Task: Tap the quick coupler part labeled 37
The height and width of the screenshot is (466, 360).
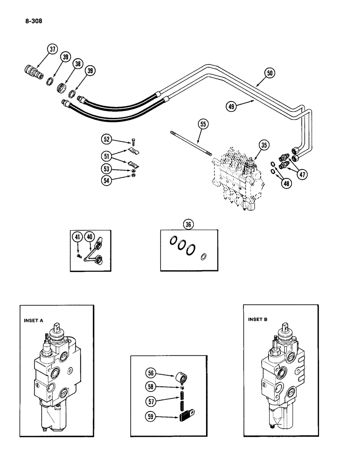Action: (32, 73)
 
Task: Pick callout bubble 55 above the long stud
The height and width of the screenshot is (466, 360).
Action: (203, 124)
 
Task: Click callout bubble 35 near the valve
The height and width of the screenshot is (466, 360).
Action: (264, 145)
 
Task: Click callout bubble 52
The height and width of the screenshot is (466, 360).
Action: (107, 139)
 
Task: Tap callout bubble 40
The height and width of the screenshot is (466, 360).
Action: (90, 237)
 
